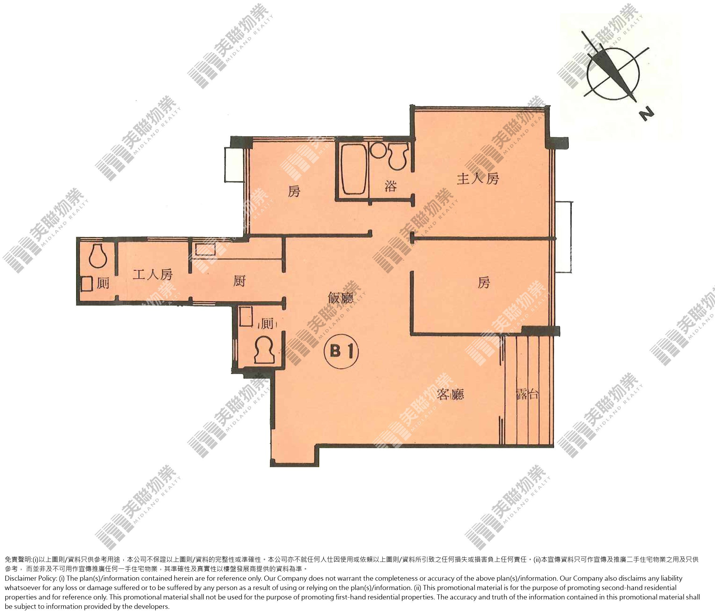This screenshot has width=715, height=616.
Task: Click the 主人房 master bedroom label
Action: [x=478, y=179]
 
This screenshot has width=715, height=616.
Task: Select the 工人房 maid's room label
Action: [x=152, y=275]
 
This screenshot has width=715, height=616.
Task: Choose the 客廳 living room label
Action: [x=450, y=394]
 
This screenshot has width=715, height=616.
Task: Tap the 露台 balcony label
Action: [x=527, y=394]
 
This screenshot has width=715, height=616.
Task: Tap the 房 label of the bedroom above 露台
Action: [x=483, y=283]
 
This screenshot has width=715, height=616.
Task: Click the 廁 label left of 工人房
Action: [x=103, y=283]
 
